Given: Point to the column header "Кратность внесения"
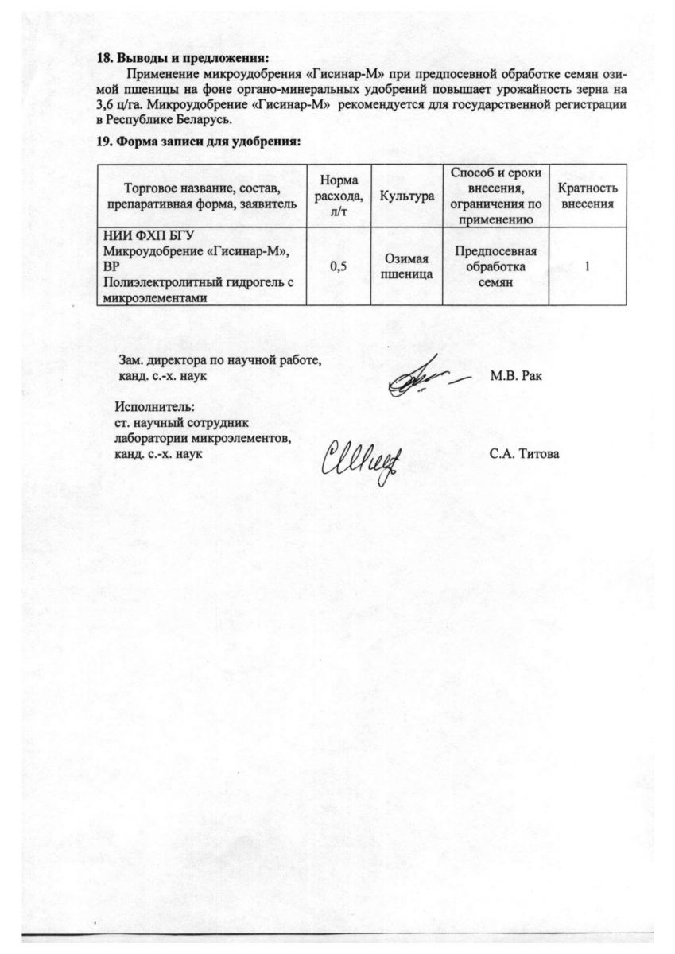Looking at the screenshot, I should click(588, 196).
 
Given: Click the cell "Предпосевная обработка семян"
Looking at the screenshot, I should click(496, 266).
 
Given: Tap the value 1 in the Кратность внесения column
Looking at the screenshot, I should click(587, 266).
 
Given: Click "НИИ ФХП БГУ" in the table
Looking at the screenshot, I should click(149, 235).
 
